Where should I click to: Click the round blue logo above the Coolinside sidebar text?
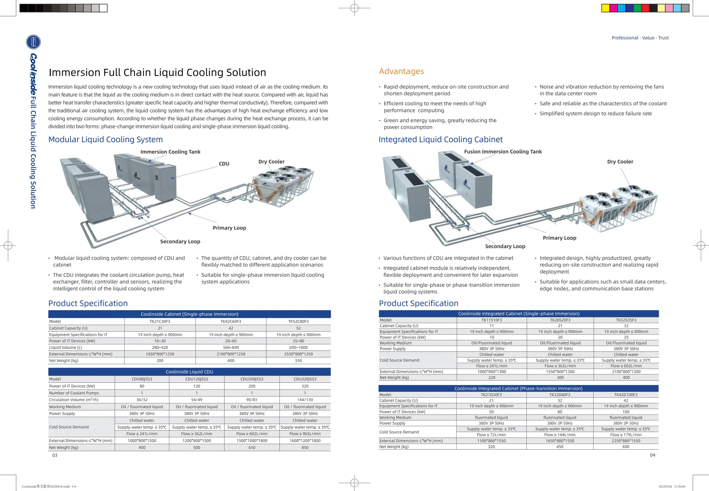pyautogui.click(x=33, y=42)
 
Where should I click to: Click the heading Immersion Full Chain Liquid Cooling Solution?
pyautogui.click(x=157, y=72)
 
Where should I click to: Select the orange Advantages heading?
pyautogui.click(x=401, y=71)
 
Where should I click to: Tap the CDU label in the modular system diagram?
pyautogui.click(x=224, y=164)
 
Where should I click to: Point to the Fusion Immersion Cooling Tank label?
pyautogui.click(x=503, y=151)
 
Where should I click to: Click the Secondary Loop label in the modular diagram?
pyautogui.click(x=180, y=241)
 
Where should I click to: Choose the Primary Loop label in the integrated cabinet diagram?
pyautogui.click(x=559, y=238)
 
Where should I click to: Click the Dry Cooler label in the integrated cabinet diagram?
pyautogui.click(x=620, y=161)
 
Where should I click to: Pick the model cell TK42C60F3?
pyautogui.click(x=231, y=321)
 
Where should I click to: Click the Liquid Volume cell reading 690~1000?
pyautogui.click(x=298, y=348)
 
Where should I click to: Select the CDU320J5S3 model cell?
pyautogui.click(x=305, y=379)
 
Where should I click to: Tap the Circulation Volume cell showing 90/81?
pyautogui.click(x=252, y=400)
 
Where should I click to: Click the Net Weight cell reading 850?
pyautogui.click(x=305, y=447)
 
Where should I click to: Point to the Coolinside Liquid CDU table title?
pyautogui.click(x=189, y=372)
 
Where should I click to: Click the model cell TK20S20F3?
pyautogui.click(x=560, y=320)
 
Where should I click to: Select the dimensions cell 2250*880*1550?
pyautogui.click(x=626, y=441)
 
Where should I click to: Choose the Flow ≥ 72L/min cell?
pyautogui.click(x=491, y=435)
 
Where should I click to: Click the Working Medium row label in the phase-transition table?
pyautogui.click(x=395, y=418)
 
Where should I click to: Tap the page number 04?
pyautogui.click(x=652, y=455)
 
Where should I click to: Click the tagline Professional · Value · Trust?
pyautogui.click(x=640, y=38)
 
